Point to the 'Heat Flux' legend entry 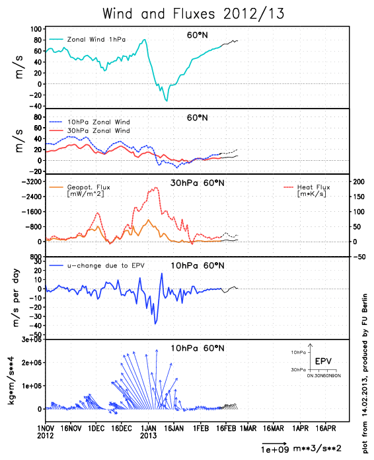[x=315, y=187]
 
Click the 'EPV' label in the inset [x=323, y=361]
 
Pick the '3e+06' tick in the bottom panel [x=28, y=340]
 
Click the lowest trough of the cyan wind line [x=167, y=100]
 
